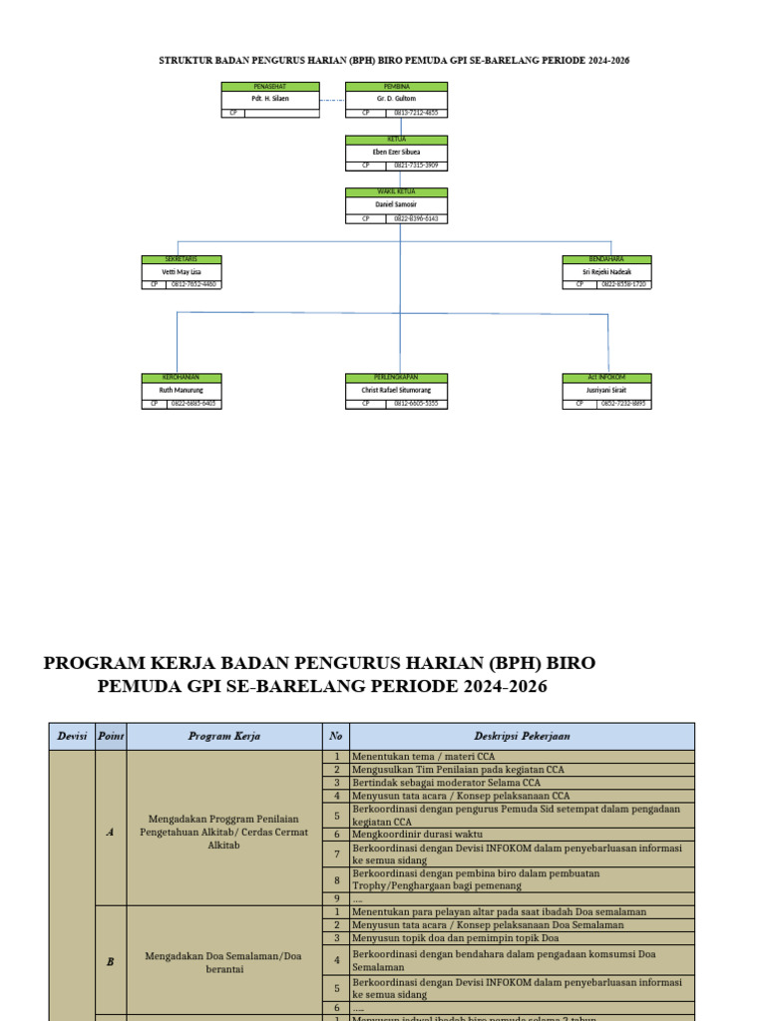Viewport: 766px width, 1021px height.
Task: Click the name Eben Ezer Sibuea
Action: (x=396, y=152)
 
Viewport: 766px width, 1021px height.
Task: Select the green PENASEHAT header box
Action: (x=270, y=87)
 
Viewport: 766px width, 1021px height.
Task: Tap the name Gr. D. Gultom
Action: (x=396, y=99)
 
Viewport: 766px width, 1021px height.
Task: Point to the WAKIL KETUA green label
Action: (x=396, y=191)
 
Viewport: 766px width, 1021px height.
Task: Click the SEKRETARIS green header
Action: (x=181, y=259)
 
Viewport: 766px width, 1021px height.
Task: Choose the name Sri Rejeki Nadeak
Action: (x=606, y=271)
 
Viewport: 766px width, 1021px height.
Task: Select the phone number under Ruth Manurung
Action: (x=193, y=404)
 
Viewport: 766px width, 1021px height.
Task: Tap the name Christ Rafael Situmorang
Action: (x=396, y=391)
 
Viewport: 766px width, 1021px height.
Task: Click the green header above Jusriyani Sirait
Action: (x=606, y=378)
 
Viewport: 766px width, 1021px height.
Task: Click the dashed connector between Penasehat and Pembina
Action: (x=332, y=100)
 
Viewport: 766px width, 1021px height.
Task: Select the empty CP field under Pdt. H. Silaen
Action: (x=281, y=114)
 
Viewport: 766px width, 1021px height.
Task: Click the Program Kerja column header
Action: (x=224, y=736)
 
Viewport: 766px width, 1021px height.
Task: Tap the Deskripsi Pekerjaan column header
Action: (x=522, y=736)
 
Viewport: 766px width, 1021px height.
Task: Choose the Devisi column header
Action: (x=72, y=736)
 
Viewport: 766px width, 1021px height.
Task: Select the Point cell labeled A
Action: (x=110, y=832)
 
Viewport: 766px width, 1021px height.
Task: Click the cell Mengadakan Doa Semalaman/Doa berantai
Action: (x=224, y=961)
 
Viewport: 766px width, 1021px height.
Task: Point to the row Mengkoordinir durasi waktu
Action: (x=417, y=834)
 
